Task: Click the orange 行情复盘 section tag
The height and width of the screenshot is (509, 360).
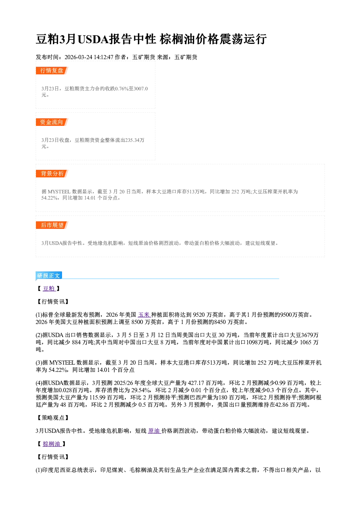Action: point(52,70)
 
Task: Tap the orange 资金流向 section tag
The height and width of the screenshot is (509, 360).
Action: point(52,122)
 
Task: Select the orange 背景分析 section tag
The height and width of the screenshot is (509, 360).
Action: point(52,174)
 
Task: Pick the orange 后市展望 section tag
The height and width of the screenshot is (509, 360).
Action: point(52,225)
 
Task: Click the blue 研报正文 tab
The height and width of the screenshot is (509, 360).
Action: point(49,276)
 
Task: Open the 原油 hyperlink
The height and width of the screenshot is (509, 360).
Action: point(155,431)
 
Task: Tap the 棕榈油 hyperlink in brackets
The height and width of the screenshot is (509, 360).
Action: point(52,444)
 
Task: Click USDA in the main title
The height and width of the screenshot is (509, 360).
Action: point(93,39)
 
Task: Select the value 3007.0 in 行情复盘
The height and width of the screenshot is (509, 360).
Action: point(141,89)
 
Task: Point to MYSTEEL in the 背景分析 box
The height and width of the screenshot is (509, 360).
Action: point(59,192)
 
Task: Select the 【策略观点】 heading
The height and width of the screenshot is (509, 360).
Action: point(53,418)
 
